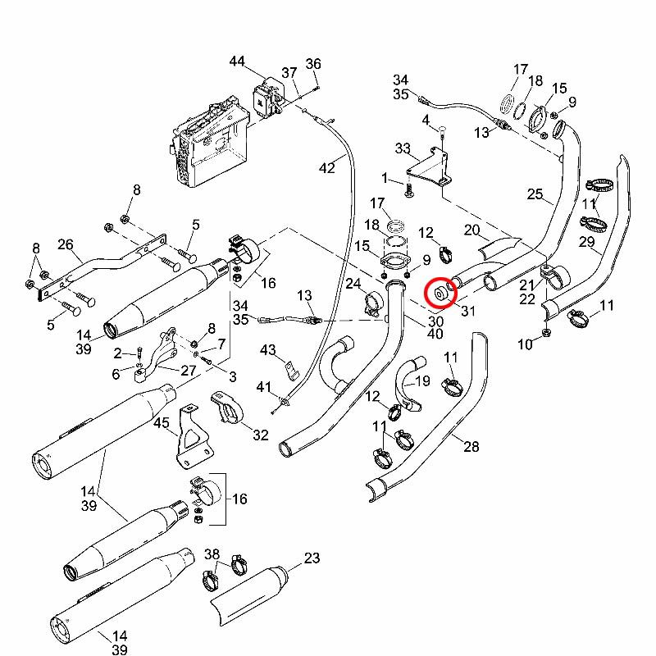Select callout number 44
(x=237, y=61)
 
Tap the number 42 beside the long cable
(x=327, y=168)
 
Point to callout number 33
(x=403, y=148)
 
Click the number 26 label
(x=66, y=244)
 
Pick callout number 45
(x=161, y=424)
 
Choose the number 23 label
(x=312, y=558)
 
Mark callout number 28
(x=471, y=447)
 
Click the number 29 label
(x=586, y=242)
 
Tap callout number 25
(x=535, y=194)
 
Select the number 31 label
(x=469, y=310)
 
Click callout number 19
(x=422, y=381)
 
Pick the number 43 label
(x=267, y=350)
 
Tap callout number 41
(x=263, y=386)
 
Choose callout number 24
(x=353, y=285)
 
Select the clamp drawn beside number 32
(x=229, y=408)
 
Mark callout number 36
(x=313, y=65)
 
